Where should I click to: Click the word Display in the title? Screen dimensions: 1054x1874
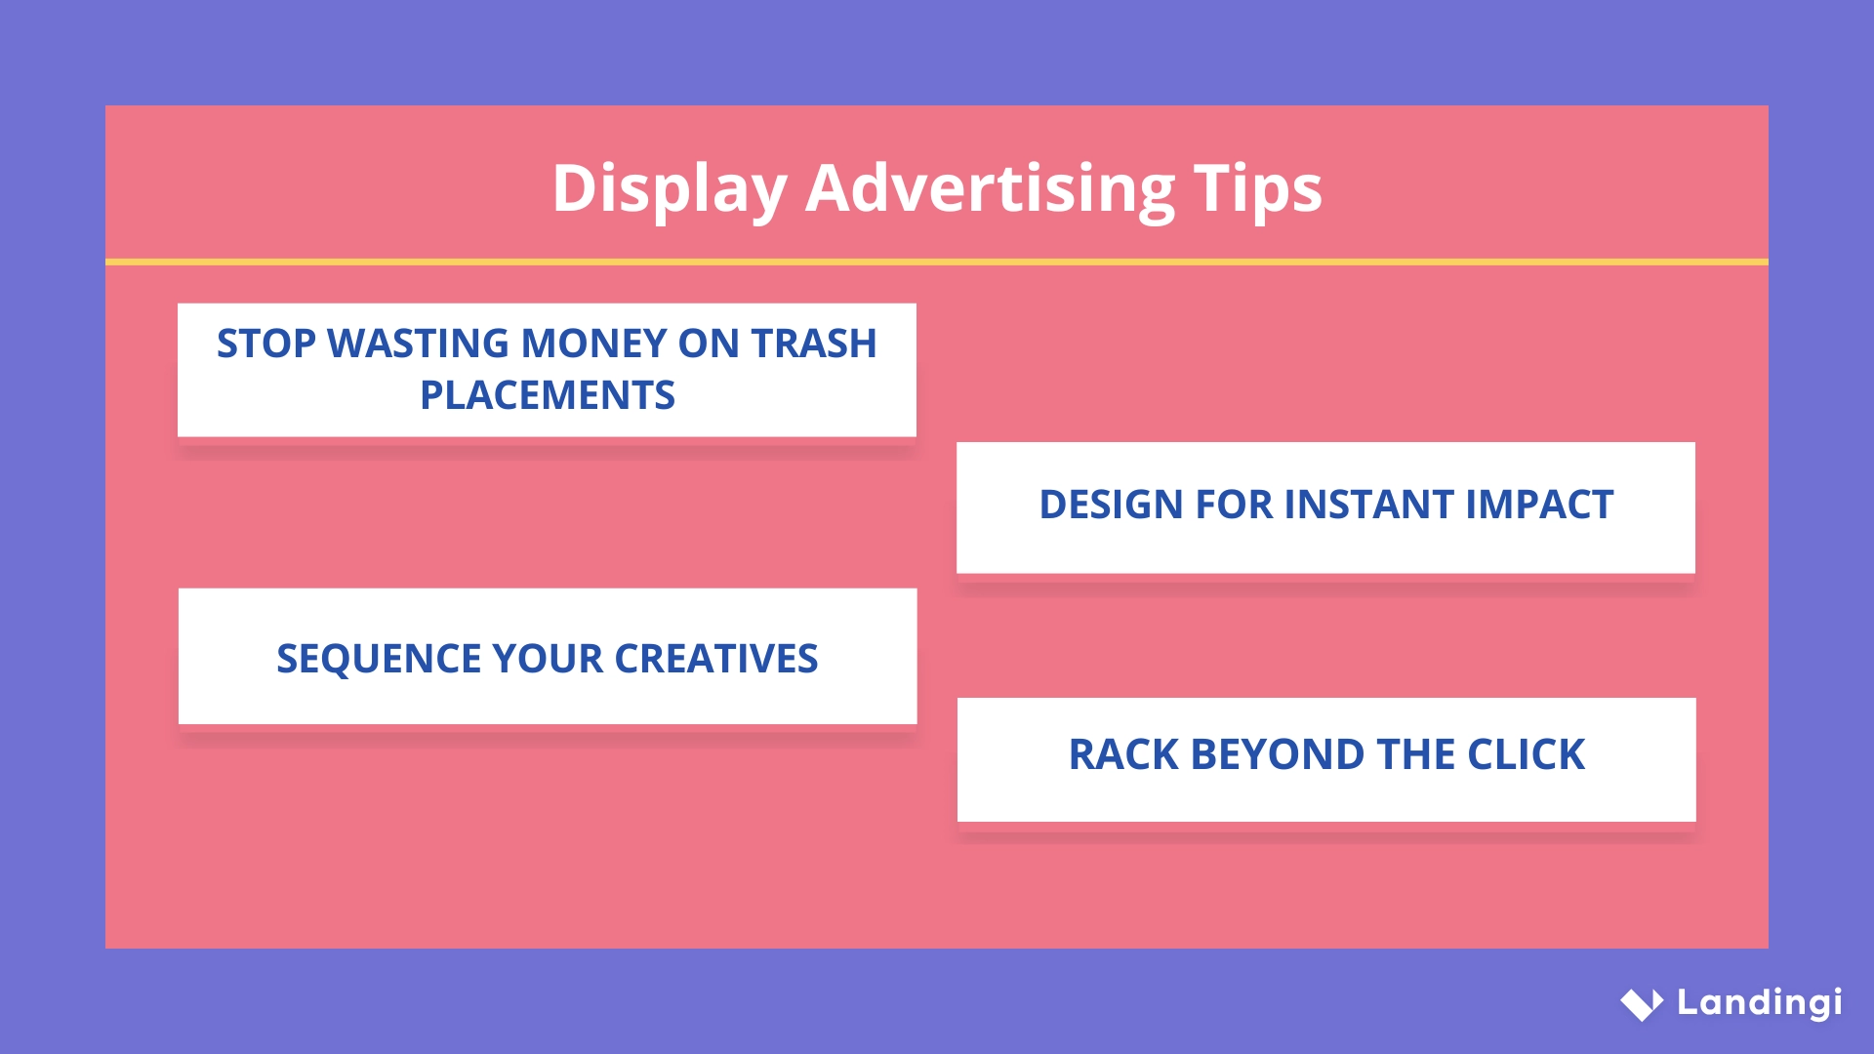670,188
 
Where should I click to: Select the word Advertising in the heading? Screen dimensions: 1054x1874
990,188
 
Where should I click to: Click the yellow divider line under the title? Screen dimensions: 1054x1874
937,262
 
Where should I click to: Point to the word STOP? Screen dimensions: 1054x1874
266,344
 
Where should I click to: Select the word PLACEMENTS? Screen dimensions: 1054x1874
547,395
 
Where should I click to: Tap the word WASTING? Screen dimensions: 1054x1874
418,344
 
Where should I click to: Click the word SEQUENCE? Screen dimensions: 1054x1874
379,659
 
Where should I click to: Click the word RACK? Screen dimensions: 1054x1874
1122,754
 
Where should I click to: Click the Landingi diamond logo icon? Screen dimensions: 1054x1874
1642,1003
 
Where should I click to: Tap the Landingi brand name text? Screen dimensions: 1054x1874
1759,1002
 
